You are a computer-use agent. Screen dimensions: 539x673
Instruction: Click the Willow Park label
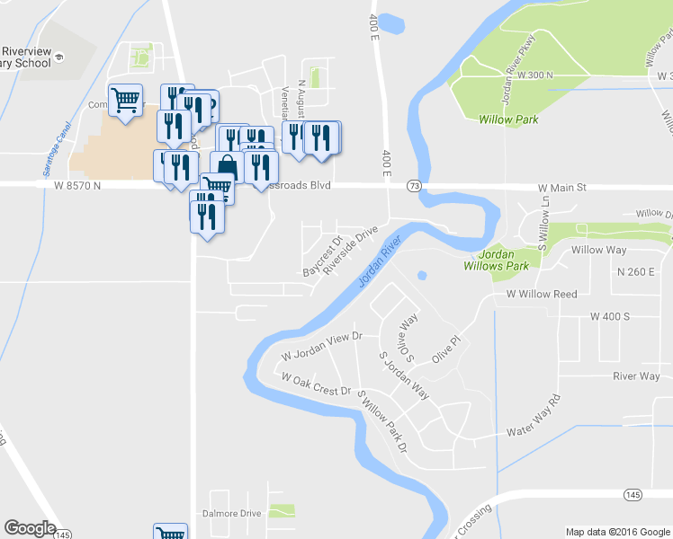click(x=508, y=119)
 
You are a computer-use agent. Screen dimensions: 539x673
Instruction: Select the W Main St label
click(x=561, y=188)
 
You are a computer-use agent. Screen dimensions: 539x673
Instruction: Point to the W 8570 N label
click(x=69, y=184)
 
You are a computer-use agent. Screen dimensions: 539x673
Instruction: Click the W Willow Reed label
click(x=541, y=294)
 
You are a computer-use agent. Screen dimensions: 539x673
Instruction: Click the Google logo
click(x=30, y=528)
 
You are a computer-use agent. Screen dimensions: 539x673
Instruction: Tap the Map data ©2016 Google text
click(x=617, y=532)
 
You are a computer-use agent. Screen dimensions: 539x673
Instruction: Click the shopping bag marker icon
click(x=226, y=167)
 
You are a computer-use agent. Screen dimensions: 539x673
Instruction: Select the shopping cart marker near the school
click(x=125, y=99)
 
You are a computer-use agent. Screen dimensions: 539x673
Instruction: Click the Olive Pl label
click(x=446, y=350)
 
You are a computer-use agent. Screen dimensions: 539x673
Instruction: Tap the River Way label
click(x=636, y=376)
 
